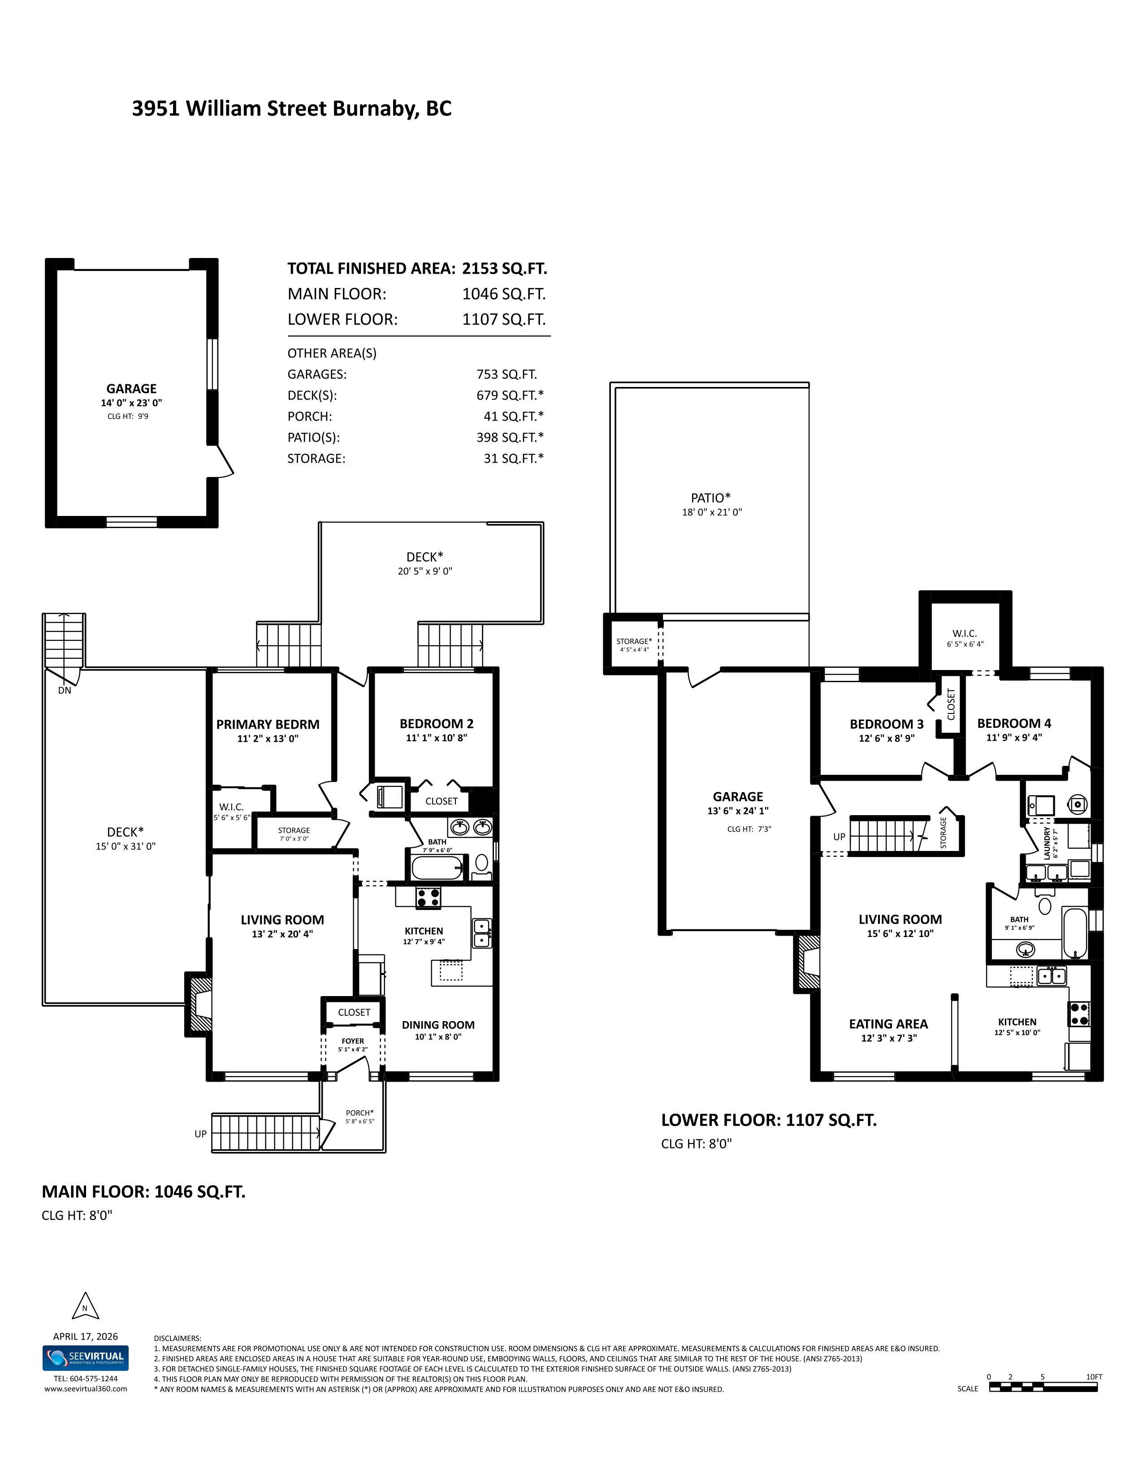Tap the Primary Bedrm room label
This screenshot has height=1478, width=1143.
pos(268,724)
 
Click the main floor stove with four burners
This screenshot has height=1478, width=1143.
pos(428,898)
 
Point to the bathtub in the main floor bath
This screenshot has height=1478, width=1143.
pos(438,868)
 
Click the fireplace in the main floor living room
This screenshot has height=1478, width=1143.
pos(199,1004)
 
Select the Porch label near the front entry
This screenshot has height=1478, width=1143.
pos(359,1113)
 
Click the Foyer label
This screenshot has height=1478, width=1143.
pos(353,1041)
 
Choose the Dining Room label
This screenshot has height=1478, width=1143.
pos(438,1025)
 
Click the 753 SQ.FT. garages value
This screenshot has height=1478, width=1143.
pos(507,374)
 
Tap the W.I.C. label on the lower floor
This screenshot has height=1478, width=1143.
pos(964,633)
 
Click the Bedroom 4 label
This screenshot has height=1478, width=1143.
pos(1013,723)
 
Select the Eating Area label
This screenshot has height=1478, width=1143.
pos(888,1024)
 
